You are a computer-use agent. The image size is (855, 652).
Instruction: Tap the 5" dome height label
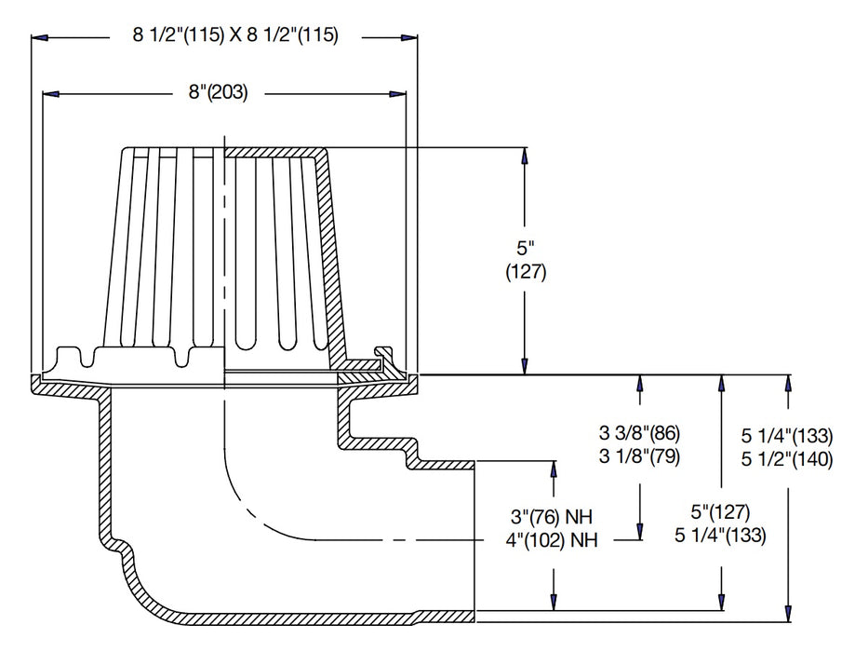point(526,251)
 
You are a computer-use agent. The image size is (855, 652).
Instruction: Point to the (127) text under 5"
point(526,273)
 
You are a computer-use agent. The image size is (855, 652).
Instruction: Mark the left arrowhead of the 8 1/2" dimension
point(38,37)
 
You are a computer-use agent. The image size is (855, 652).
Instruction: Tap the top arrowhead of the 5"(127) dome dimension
point(525,155)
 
